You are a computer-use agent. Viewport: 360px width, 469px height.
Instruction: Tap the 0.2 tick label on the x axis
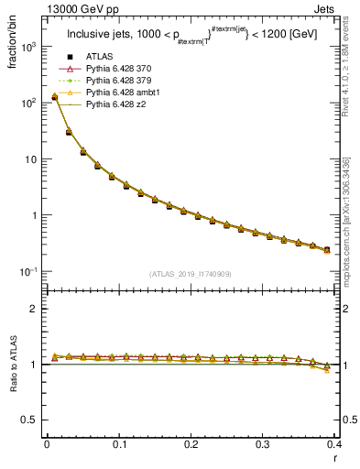[191, 444]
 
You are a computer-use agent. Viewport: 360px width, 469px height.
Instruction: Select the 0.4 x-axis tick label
[333, 444]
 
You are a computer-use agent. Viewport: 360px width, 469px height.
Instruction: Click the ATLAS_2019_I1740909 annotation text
[189, 274]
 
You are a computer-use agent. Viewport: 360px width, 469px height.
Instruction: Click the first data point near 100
[55, 97]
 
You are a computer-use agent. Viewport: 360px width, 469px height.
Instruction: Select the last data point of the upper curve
[327, 249]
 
